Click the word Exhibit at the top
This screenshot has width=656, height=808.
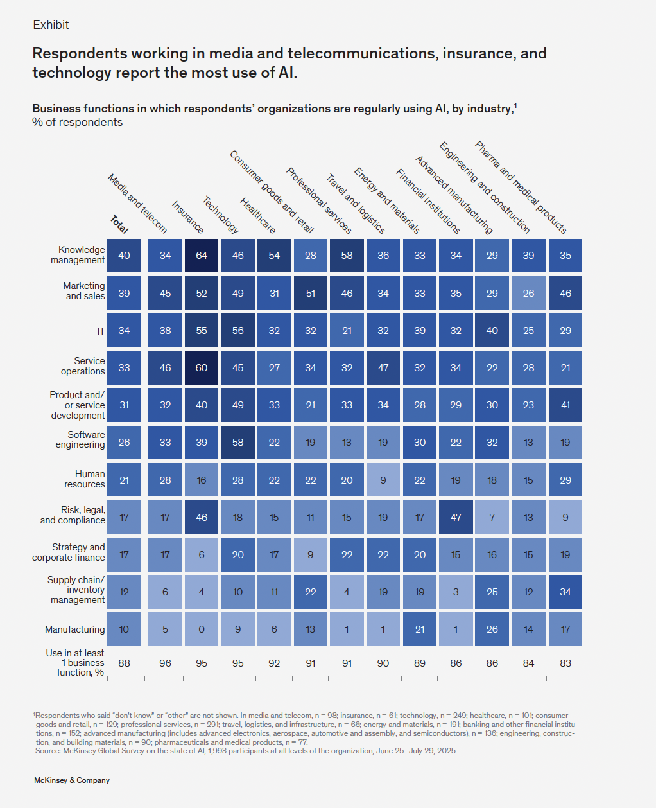tap(51, 25)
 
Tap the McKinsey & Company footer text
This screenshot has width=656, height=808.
tap(72, 780)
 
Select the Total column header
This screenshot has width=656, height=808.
tap(119, 224)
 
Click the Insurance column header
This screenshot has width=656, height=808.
tap(187, 217)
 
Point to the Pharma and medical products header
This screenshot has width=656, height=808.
tap(521, 187)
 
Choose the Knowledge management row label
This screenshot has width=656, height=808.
tap(78, 255)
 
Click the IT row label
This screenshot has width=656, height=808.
tap(101, 331)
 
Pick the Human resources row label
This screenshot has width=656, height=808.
tap(85, 479)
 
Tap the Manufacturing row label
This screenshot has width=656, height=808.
tap(74, 629)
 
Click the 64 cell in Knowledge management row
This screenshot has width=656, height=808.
tap(202, 256)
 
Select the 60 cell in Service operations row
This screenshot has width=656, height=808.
tap(202, 368)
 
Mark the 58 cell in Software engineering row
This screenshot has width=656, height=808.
tap(238, 443)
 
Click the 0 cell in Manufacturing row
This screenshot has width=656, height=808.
tap(202, 629)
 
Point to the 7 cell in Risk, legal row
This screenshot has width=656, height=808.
tap(492, 518)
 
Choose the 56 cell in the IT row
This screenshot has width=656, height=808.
tap(238, 331)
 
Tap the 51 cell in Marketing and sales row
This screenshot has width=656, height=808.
tap(311, 294)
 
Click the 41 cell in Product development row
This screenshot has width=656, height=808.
tap(565, 405)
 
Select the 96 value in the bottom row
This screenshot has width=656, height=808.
tap(165, 663)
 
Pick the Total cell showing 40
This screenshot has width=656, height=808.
tap(124, 256)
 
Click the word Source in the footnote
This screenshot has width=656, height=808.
tap(47, 751)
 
